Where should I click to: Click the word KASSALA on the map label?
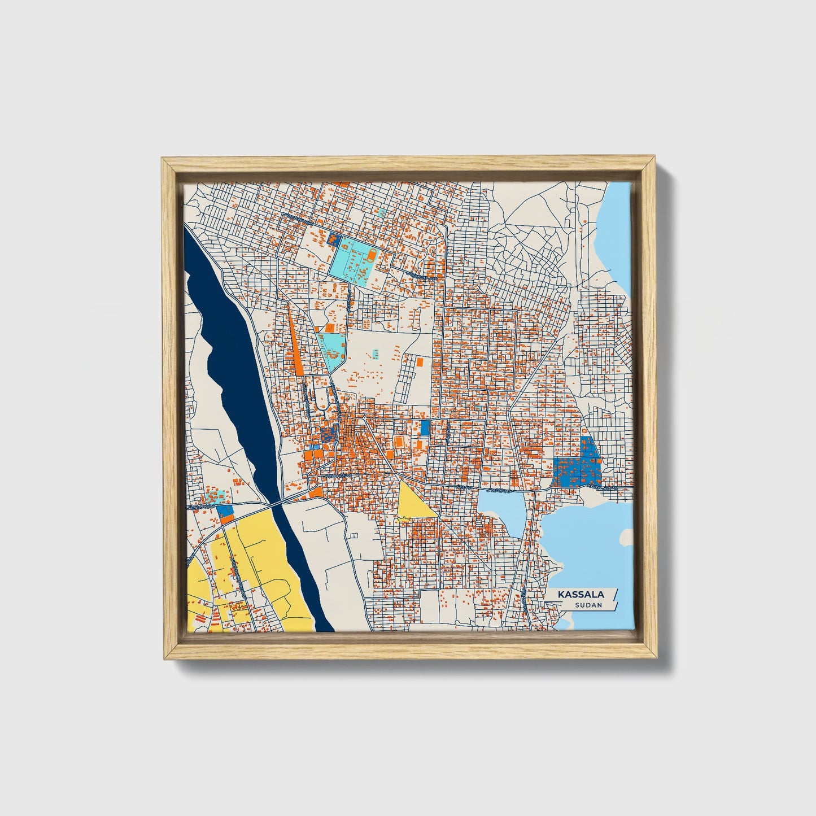point(581,595)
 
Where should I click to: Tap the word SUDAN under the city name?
point(588,605)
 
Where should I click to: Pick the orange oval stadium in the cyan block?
point(372,258)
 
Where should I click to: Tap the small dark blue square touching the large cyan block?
point(334,239)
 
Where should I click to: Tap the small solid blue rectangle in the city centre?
point(425,428)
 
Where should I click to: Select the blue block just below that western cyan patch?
point(225,510)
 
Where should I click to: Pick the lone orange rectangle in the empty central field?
point(420,361)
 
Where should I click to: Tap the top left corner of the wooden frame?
point(163,159)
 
